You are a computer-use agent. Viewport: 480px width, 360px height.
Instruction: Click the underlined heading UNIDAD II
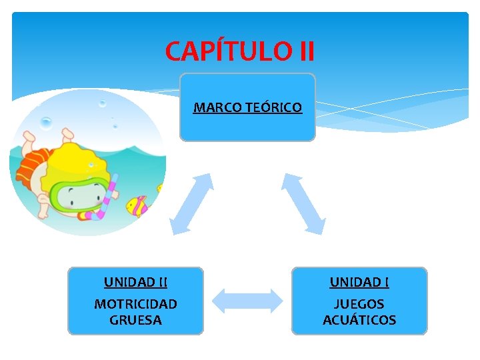tap(135, 283)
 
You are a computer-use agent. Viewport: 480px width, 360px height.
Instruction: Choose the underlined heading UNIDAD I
tap(359, 283)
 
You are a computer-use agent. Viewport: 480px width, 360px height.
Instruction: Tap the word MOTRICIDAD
tap(135, 304)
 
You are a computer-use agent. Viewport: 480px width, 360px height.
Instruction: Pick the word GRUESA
tap(135, 320)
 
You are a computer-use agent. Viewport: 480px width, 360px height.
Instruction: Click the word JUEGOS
tap(359, 304)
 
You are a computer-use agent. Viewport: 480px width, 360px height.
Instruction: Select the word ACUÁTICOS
tap(359, 320)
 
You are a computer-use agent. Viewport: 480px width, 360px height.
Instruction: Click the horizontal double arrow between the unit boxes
tap(247, 301)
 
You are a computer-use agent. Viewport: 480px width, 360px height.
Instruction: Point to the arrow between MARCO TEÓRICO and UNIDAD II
tap(191, 203)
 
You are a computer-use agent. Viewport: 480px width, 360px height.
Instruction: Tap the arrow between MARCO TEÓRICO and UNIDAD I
tap(303, 203)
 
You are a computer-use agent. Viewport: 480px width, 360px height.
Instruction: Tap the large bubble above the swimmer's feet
tap(46, 123)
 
